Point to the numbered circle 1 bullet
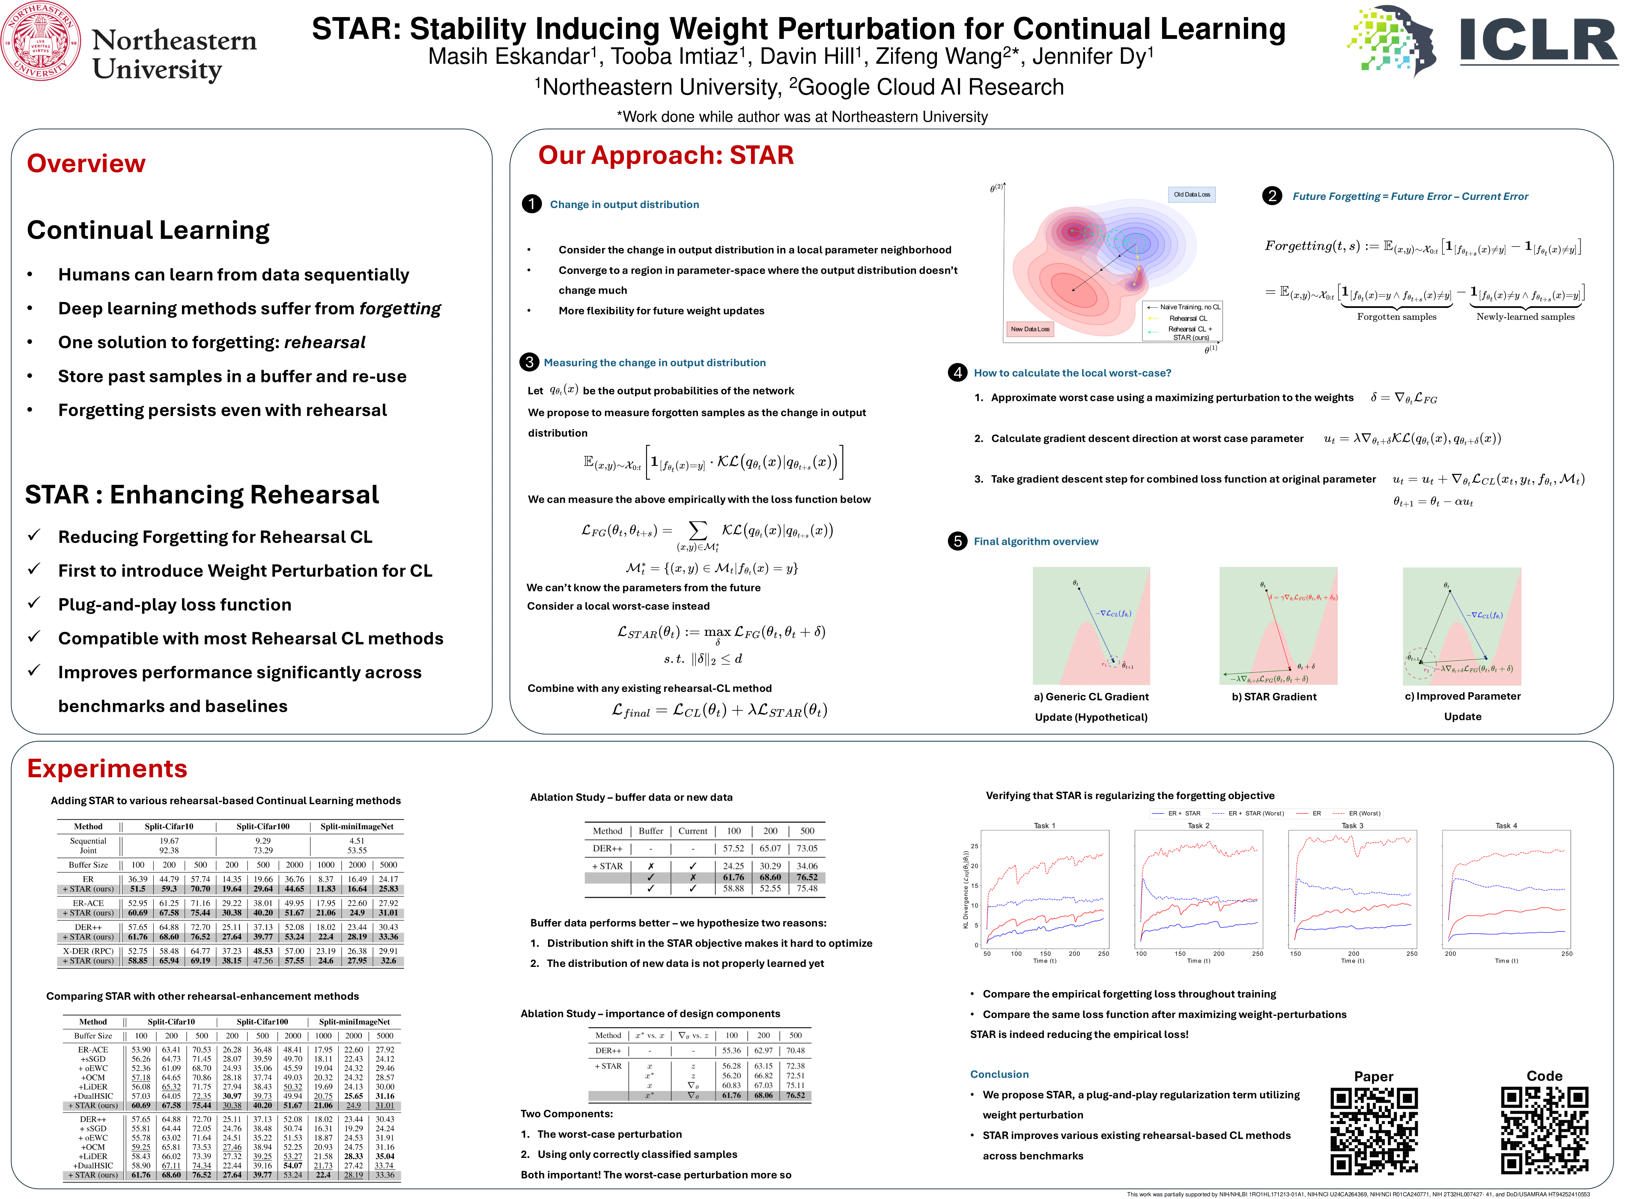pyautogui.click(x=531, y=204)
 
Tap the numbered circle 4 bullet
pyautogui.click(x=957, y=373)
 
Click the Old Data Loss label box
pyautogui.click(x=1192, y=194)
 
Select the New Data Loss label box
pyautogui.click(x=1030, y=329)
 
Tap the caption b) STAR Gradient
pyautogui.click(x=1274, y=697)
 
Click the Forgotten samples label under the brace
pyautogui.click(x=1396, y=317)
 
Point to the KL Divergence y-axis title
pyautogui.click(x=965, y=889)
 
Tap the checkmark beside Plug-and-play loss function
pyautogui.click(x=33, y=603)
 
